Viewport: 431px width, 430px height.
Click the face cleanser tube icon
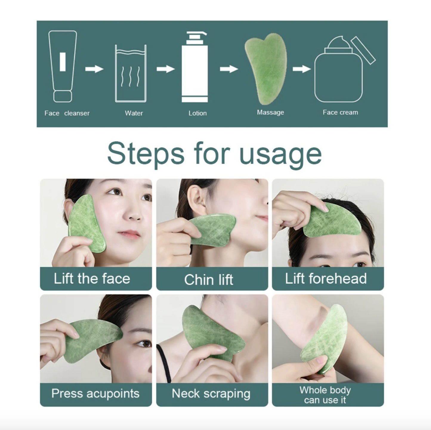click(x=63, y=66)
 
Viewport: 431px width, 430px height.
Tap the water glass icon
click(x=131, y=74)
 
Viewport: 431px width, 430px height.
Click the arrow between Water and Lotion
click(x=166, y=69)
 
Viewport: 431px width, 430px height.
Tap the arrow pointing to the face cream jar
click(x=302, y=69)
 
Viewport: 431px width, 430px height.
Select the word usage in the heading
click(x=280, y=154)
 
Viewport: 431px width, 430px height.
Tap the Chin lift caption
click(x=208, y=280)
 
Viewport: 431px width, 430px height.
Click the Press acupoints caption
click(x=95, y=394)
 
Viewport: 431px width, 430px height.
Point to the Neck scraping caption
click(x=211, y=394)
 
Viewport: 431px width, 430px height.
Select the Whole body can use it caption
click(x=325, y=395)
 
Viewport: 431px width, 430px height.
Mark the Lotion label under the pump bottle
click(x=197, y=113)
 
